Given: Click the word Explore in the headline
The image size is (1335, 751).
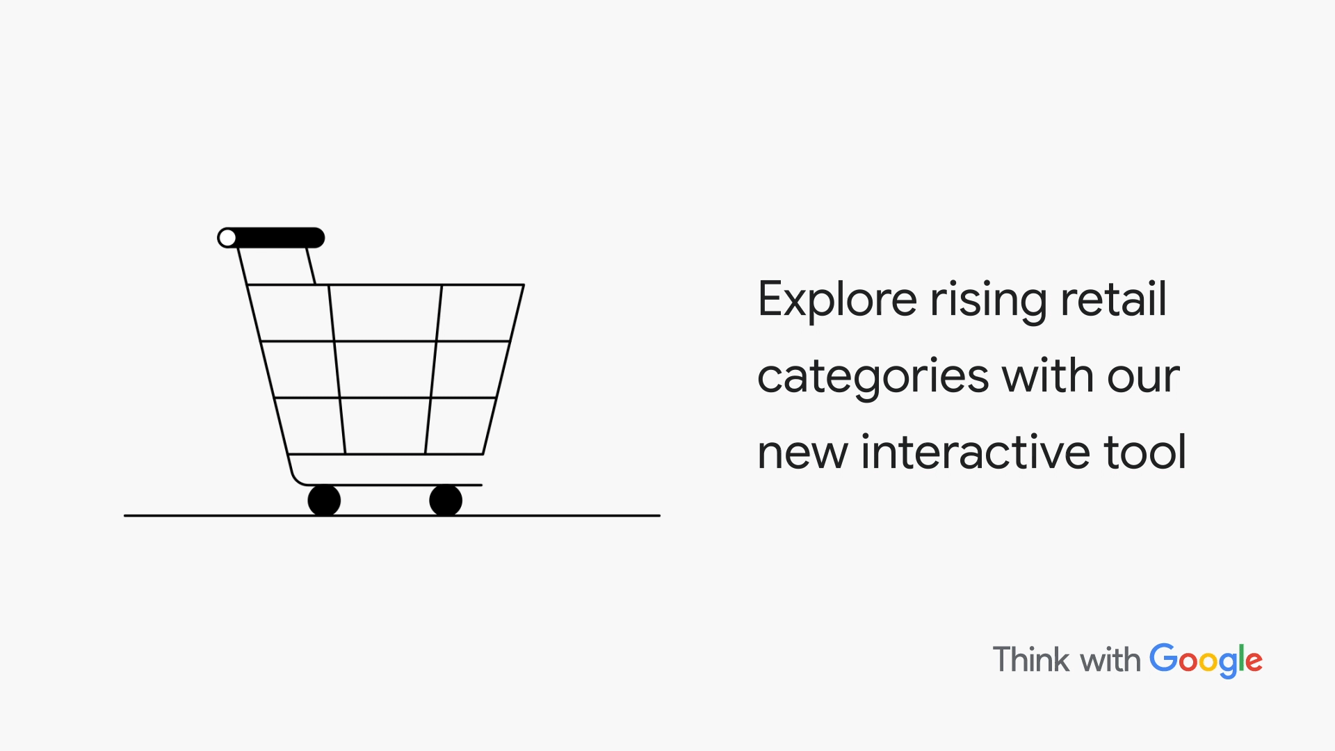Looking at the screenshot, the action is coord(837,300).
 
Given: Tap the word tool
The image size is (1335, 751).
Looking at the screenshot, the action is coord(1144,451).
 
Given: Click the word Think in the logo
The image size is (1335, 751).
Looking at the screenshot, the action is coord(1032,659).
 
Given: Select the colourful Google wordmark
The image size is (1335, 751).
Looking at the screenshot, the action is coord(1206,661).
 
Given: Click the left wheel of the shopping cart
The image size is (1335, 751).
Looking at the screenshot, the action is coord(324,500).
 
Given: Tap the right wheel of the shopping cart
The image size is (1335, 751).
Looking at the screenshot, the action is coord(446,500).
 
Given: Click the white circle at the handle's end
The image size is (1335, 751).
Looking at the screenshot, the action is coord(227,238).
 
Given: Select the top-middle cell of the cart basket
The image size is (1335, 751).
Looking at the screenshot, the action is coord(385,313).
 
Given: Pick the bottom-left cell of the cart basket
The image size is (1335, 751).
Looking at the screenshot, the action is coord(310,426).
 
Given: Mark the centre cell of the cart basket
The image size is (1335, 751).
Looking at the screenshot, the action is coord(385,369).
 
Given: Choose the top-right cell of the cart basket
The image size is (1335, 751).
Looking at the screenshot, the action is coord(480,313).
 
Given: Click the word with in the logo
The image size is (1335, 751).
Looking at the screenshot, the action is coord(1110,659).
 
